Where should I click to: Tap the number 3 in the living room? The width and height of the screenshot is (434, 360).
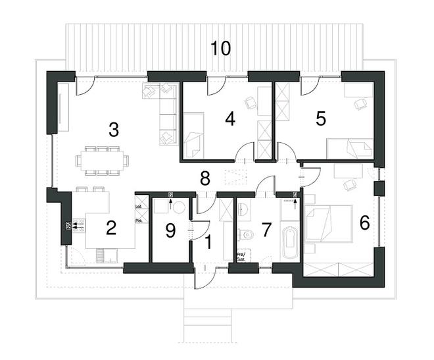[x=114, y=130]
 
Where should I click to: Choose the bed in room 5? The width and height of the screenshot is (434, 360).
[x=350, y=149]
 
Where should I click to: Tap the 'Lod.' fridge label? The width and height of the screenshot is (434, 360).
[x=139, y=207]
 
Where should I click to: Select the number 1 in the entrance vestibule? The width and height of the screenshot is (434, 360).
[x=208, y=242]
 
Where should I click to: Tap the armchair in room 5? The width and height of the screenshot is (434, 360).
[x=360, y=103]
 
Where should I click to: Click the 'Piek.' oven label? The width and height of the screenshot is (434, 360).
[x=139, y=221]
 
